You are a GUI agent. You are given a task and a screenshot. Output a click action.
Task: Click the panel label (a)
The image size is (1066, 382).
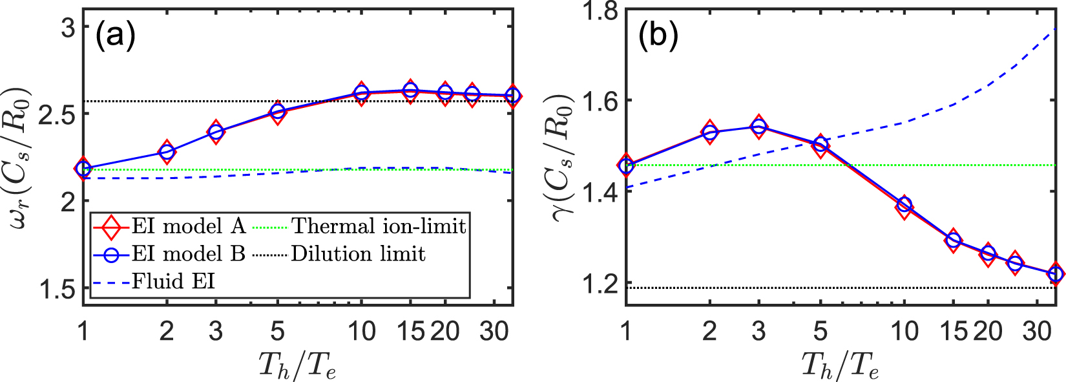point(116,36)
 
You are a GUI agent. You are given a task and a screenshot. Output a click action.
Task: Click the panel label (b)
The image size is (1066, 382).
point(658,36)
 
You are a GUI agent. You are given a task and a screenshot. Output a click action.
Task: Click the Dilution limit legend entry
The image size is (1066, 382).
point(357,254)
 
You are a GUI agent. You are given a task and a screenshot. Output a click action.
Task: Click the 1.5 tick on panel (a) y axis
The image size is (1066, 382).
point(57,289)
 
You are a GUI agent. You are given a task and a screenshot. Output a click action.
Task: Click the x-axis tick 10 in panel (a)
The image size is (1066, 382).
point(361,332)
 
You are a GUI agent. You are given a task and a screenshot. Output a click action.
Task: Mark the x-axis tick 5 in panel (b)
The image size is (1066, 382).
point(820,332)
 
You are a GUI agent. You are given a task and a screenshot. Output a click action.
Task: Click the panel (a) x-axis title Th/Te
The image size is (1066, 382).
point(297,365)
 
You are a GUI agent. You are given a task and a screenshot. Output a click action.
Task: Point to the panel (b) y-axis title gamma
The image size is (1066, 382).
point(563,157)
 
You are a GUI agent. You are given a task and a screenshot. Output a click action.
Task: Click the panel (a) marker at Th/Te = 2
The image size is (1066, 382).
point(167,152)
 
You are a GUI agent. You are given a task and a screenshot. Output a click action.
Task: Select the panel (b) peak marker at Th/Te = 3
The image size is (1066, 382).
point(758,127)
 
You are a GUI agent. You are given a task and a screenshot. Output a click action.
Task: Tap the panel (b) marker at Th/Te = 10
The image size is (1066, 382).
point(904,206)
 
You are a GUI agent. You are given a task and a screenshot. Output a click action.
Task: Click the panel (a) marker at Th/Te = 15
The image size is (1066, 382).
point(410,90)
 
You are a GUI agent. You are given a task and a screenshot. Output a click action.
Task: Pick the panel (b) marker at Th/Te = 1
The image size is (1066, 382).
point(625,165)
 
